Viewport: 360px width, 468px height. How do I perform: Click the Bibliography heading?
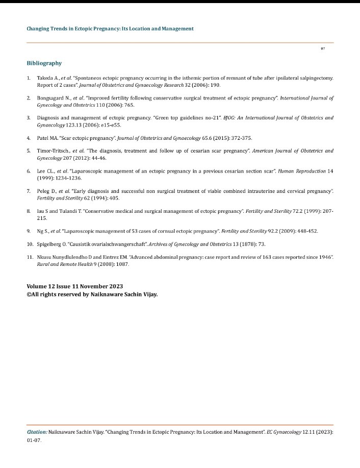44,63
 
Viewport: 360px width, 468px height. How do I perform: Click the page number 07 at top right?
323,48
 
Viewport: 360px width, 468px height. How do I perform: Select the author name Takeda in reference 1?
46,78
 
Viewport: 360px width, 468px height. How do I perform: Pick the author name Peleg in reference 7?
44,190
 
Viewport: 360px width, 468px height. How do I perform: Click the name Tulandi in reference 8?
67,210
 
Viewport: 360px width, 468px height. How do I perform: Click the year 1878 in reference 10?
248,244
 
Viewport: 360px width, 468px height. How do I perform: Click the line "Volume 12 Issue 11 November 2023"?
74,286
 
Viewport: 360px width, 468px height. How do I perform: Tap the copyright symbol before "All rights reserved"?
29,294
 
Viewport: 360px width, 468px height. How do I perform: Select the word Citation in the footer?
37,432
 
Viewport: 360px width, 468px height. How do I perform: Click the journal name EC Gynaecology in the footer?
282,432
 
